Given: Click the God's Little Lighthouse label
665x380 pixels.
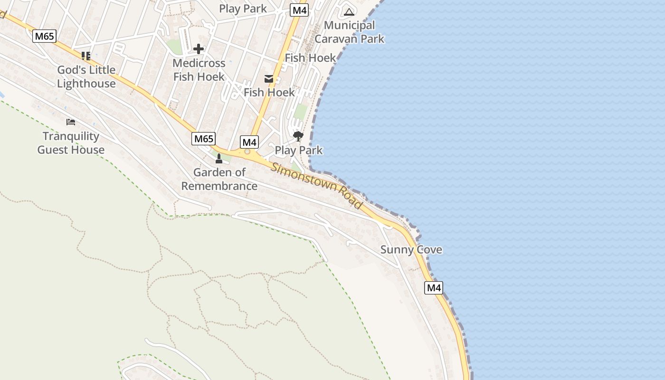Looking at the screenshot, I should (x=86, y=76).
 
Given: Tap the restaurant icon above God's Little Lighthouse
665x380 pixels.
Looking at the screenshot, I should (x=85, y=56).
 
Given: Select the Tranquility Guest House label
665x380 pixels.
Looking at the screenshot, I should (x=71, y=143).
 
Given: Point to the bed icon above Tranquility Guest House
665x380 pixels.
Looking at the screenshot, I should (x=71, y=122).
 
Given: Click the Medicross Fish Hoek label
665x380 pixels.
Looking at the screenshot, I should (x=199, y=69).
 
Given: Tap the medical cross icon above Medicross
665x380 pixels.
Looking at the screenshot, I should (x=199, y=48).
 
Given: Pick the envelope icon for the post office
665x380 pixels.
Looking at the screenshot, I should (x=269, y=79).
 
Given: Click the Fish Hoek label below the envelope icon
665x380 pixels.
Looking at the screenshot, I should (x=269, y=92).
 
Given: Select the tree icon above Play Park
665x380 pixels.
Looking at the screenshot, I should (x=298, y=137).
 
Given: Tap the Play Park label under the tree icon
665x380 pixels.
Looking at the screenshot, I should (x=298, y=150).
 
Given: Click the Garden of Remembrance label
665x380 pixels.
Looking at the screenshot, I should (x=219, y=179).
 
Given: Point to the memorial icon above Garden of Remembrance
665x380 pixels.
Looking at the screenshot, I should (x=219, y=158).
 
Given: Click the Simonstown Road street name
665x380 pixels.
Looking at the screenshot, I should (x=317, y=185).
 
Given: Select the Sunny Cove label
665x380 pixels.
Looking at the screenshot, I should (x=411, y=249).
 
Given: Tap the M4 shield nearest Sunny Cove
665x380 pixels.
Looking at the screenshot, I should (x=433, y=287).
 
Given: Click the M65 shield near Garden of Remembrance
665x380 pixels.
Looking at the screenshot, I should (x=204, y=139).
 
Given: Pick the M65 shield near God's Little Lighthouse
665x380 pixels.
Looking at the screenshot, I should (x=44, y=36).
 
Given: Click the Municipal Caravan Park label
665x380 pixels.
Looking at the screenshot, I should (x=349, y=32).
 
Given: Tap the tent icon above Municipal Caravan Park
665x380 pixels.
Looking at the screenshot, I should (x=349, y=12).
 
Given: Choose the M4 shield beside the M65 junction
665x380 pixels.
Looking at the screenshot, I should (x=249, y=142).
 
